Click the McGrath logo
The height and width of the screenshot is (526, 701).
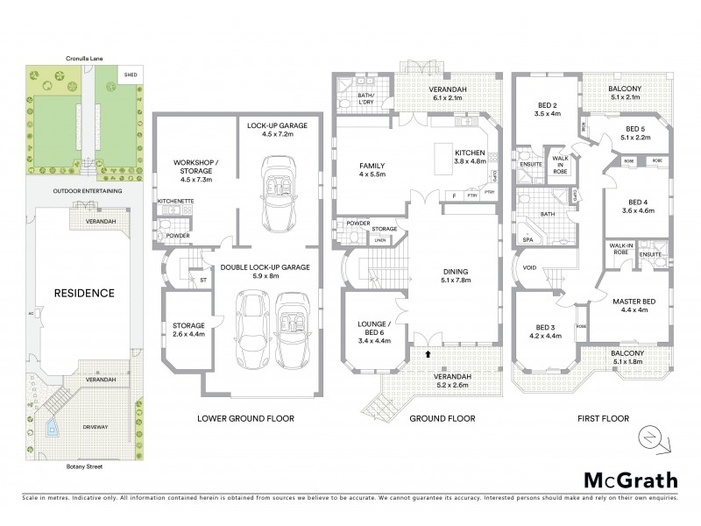point(630,480)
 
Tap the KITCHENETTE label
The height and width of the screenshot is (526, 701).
point(175,202)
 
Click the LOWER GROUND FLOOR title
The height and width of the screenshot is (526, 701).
point(245,419)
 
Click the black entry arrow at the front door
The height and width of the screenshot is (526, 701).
point(428,355)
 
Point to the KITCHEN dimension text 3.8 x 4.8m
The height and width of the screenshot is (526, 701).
point(470,161)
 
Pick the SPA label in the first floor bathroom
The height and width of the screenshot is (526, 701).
point(528,238)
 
